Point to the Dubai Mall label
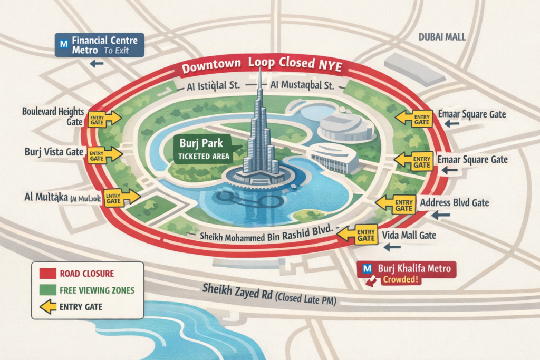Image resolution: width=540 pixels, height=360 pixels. [x=442, y=37]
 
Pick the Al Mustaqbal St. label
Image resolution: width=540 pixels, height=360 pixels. [x=305, y=84]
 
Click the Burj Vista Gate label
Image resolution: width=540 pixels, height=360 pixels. [x=54, y=152]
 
